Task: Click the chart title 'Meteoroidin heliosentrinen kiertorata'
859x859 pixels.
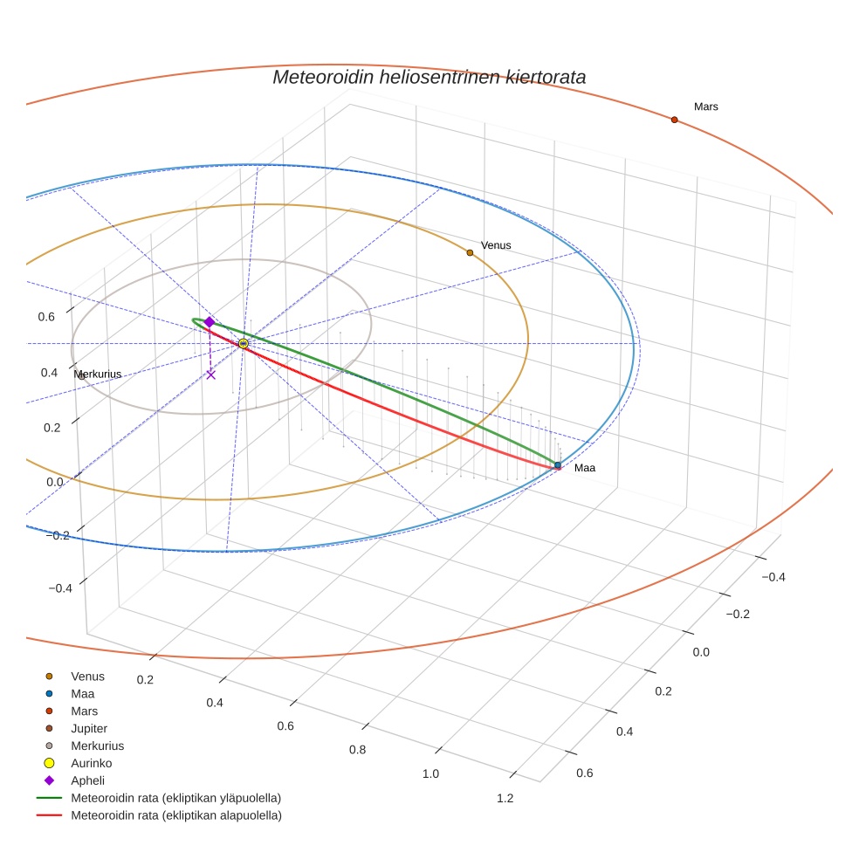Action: [x=429, y=77]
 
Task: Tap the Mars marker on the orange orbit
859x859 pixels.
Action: [x=674, y=120]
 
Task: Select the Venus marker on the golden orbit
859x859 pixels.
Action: [x=470, y=252]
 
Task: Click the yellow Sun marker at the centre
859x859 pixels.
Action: [x=243, y=344]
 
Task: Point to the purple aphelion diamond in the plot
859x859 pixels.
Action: [x=210, y=322]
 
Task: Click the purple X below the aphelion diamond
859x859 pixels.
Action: [x=210, y=375]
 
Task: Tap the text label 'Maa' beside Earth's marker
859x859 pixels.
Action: [x=585, y=468]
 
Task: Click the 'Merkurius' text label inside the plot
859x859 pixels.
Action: [x=98, y=375]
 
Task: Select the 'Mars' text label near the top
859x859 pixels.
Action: [x=706, y=107]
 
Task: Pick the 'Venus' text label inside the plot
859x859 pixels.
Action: [x=496, y=245]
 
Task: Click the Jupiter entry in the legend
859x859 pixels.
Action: [x=90, y=728]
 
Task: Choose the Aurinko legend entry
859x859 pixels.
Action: [x=90, y=763]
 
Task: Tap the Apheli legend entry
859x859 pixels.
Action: [x=87, y=780]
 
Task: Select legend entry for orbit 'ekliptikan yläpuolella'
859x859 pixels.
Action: [x=175, y=798]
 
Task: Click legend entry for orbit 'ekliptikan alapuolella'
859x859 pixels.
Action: [x=175, y=815]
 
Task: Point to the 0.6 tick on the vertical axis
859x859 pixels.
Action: [x=46, y=317]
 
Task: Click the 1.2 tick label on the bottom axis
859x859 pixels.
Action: [x=505, y=798]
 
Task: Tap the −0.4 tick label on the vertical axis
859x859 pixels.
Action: [x=59, y=588]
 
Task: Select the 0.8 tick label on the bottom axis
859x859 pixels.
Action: [x=357, y=749]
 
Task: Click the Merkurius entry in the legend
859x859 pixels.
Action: [x=97, y=746]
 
